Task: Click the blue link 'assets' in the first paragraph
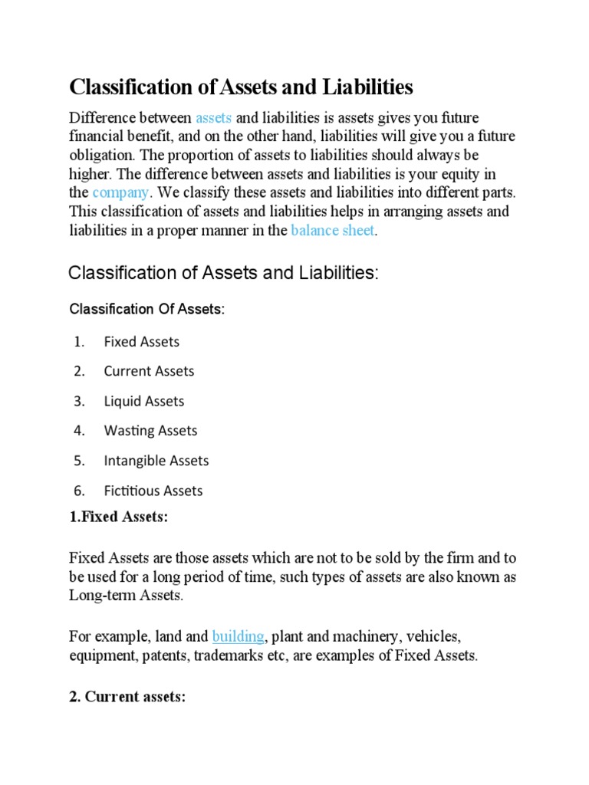[213, 117]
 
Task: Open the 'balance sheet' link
[333, 231]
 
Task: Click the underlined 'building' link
[238, 636]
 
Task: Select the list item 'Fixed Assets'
[141, 341]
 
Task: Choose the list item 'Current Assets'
[149, 371]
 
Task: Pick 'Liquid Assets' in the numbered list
[144, 401]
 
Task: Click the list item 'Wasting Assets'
[150, 431]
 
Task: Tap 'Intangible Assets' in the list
[156, 461]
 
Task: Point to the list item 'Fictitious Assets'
[153, 491]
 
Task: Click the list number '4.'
[79, 431]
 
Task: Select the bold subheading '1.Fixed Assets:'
[118, 517]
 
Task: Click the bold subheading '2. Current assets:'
[127, 698]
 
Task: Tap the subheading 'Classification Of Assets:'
[147, 309]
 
